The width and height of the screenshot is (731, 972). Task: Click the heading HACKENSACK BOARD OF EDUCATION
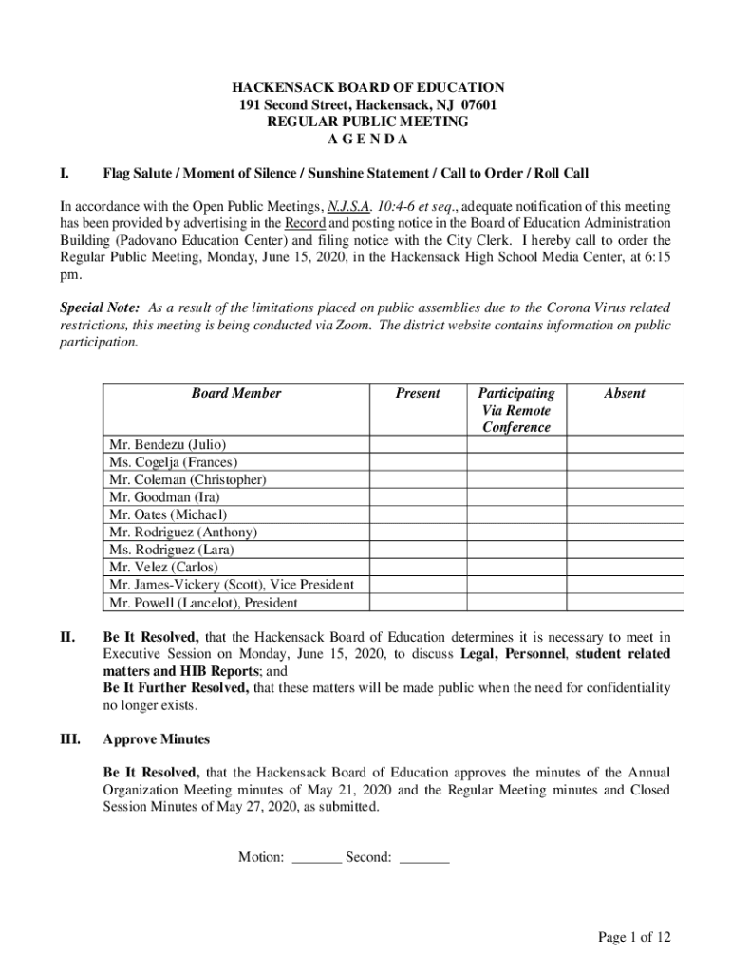click(365, 87)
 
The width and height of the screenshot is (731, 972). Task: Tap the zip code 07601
click(473, 105)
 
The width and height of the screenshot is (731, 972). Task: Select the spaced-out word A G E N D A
click(365, 140)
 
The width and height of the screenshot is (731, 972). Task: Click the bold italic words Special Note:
click(101, 308)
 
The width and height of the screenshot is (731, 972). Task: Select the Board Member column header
click(236, 393)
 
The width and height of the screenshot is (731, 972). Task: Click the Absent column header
click(624, 393)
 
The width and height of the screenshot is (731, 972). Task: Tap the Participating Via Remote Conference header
click(515, 410)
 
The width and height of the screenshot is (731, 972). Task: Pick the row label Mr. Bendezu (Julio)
click(168, 444)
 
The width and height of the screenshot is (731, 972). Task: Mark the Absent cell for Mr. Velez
click(624, 568)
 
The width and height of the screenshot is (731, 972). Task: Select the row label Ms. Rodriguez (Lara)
click(172, 550)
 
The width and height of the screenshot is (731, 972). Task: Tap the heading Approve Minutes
click(157, 739)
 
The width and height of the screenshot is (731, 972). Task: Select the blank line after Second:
click(424, 858)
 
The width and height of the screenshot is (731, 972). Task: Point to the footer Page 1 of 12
click(634, 938)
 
